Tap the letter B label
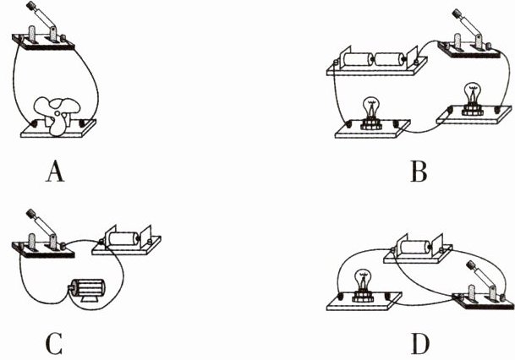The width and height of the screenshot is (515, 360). tap(417, 173)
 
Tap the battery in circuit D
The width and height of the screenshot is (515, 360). tap(418, 250)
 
